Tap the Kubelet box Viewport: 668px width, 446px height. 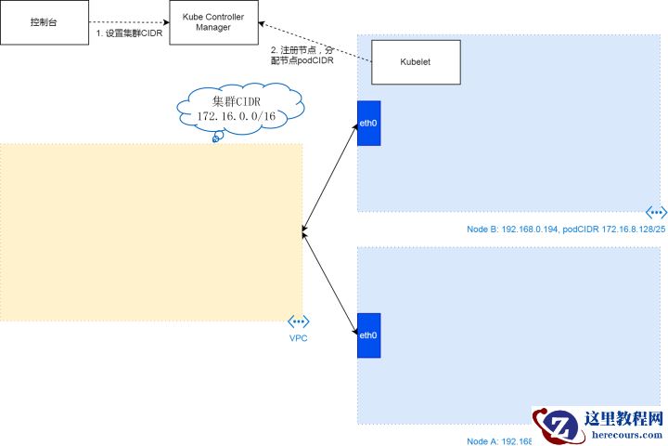tap(415, 61)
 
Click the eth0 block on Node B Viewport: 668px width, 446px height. tap(368, 122)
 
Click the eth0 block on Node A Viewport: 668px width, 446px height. tap(368, 335)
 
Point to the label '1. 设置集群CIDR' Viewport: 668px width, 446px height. tap(129, 33)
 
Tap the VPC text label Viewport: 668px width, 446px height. tap(298, 338)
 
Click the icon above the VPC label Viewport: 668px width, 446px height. tap(298, 321)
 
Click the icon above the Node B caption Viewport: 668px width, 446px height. tap(656, 213)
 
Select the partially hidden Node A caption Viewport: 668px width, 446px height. tap(498, 441)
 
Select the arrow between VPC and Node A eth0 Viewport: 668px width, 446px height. tap(330, 283)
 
